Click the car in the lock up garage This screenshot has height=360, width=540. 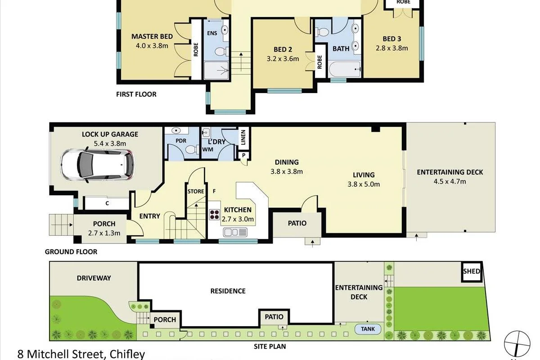tap(97, 164)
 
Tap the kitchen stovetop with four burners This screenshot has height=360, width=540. tap(214, 214)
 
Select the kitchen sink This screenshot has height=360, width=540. tap(235, 232)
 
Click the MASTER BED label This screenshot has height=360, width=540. tap(152, 36)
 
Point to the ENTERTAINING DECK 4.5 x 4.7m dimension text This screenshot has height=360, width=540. tap(450, 181)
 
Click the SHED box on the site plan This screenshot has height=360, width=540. tap(472, 272)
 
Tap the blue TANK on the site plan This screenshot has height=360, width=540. tap(368, 329)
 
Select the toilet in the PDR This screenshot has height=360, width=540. tap(192, 150)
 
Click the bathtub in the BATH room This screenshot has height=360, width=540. tap(345, 69)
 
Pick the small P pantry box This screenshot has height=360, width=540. tap(243, 155)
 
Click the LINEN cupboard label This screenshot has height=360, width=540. tap(243, 137)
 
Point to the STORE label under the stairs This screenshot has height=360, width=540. tap(196, 191)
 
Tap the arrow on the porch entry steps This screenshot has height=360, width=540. tap(62, 225)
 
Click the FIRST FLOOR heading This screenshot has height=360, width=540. tap(136, 94)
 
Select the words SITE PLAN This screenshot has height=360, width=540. tap(270, 346)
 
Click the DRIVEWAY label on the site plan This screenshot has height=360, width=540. tap(94, 278)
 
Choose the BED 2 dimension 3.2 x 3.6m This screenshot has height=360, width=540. tap(283, 59)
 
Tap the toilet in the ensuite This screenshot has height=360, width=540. tap(221, 51)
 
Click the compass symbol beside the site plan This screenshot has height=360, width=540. tap(517, 344)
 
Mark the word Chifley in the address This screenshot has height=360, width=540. tap(127, 355)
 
